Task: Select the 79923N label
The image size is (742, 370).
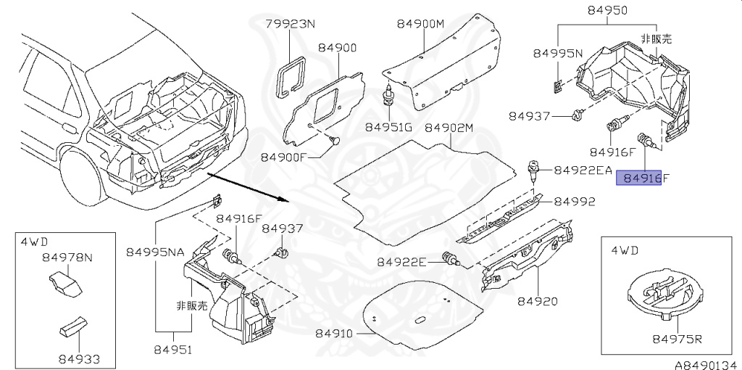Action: [x=290, y=24]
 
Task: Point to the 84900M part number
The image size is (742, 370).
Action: [x=420, y=24]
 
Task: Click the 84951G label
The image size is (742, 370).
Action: [x=388, y=127]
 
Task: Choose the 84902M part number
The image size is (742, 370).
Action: [x=449, y=128]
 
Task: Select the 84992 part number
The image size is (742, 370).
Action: [x=575, y=202]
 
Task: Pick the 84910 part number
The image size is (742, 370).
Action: [x=334, y=334]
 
